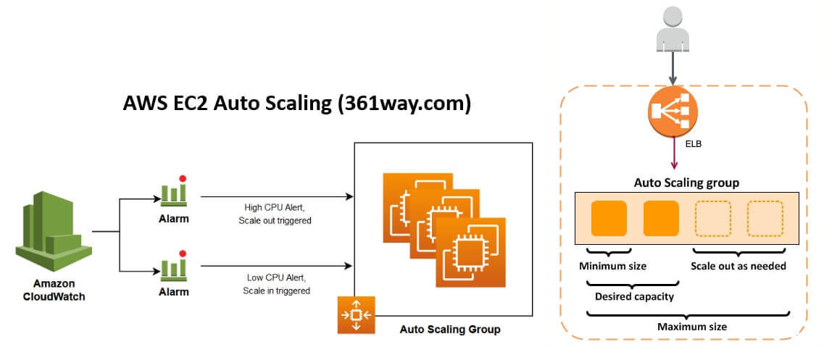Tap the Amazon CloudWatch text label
pyautogui.click(x=54, y=290)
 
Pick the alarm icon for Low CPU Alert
pyautogui.click(x=173, y=267)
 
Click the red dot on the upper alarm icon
pyautogui.click(x=183, y=178)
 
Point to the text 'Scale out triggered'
pyautogui.click(x=275, y=220)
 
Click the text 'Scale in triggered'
pyautogui.click(x=276, y=290)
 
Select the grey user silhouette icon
pyautogui.click(x=673, y=32)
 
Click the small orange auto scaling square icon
pyautogui.click(x=356, y=314)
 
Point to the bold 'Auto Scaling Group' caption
pyautogui.click(x=449, y=330)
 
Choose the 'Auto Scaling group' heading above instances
pyautogui.click(x=686, y=183)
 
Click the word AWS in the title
pyautogui.click(x=144, y=104)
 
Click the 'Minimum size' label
pyautogui.click(x=612, y=266)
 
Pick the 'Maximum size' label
pyautogui.click(x=691, y=327)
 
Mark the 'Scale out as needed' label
pyautogui.click(x=738, y=266)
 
